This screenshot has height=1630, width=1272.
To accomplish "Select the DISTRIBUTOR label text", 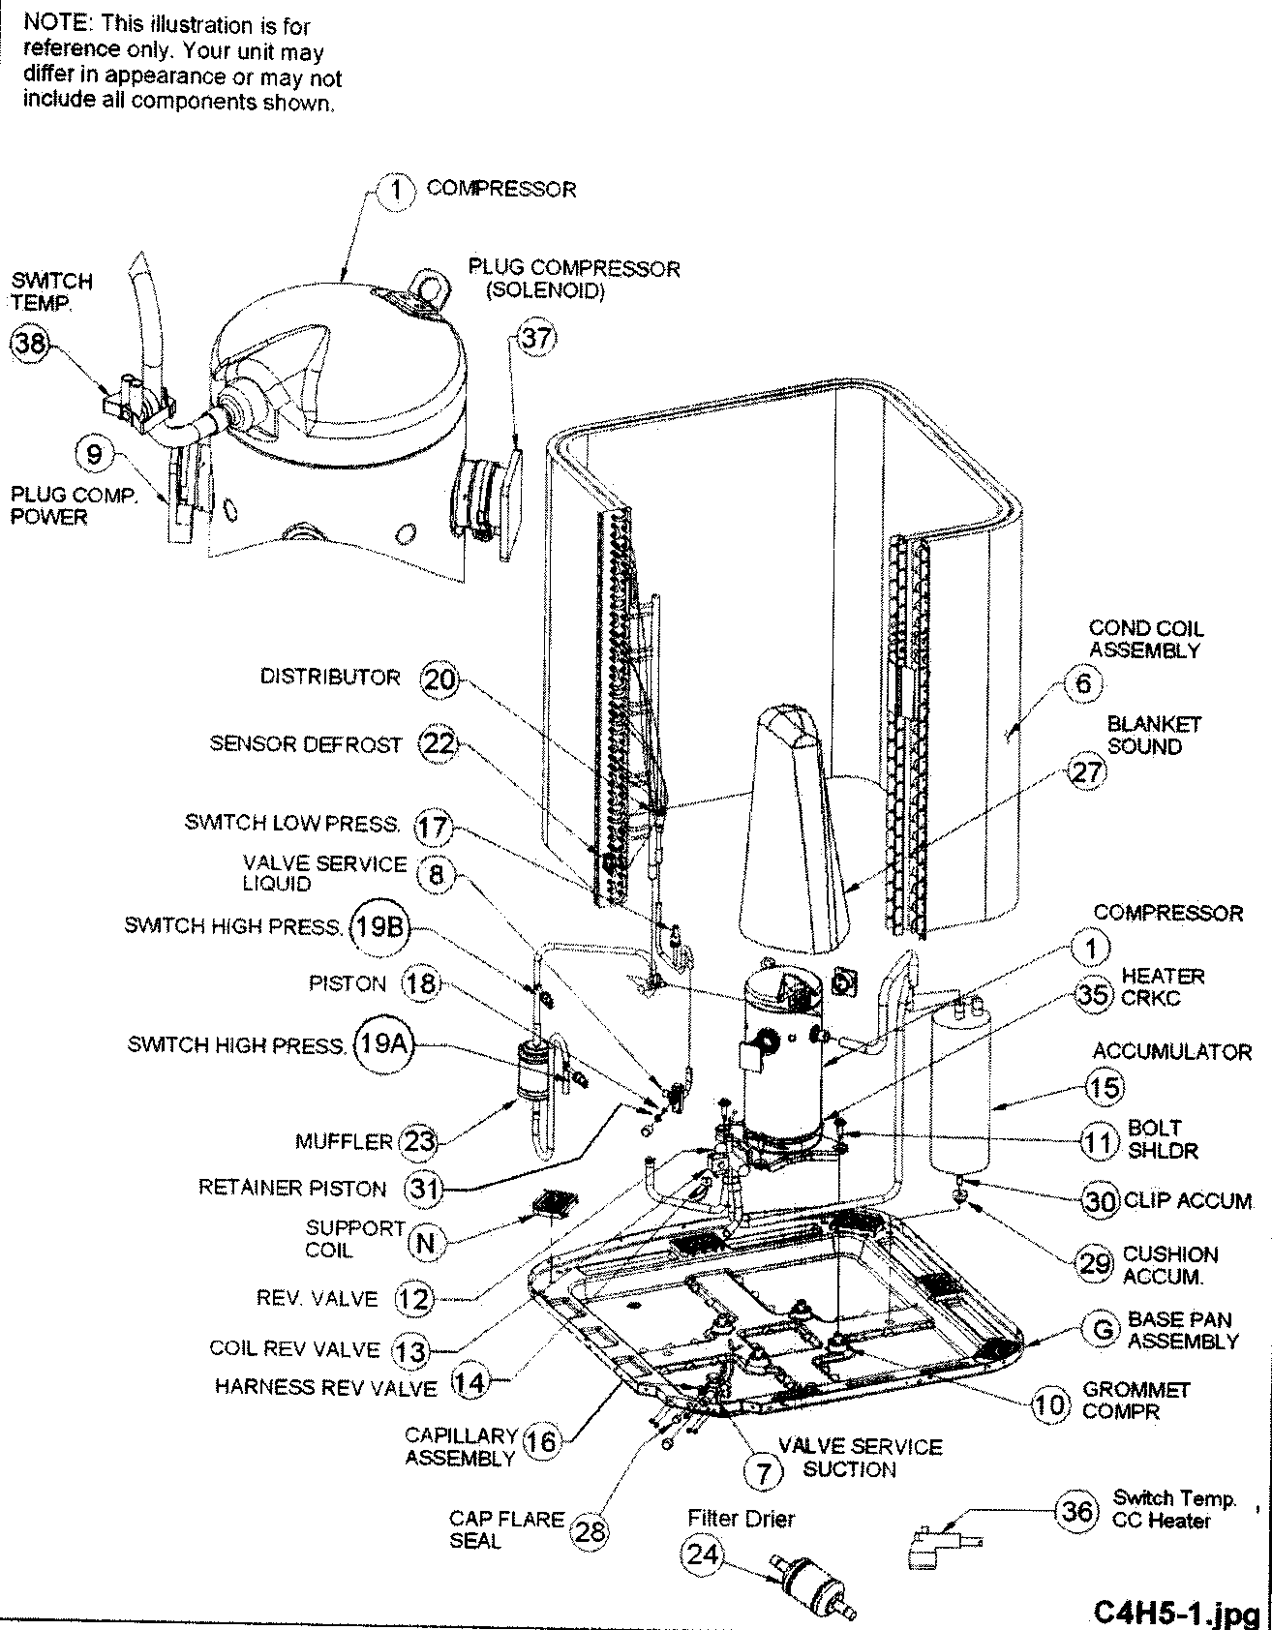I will (x=329, y=677).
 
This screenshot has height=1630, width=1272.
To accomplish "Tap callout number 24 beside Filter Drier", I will (x=703, y=1555).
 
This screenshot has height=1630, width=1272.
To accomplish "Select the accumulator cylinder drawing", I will (x=958, y=1089).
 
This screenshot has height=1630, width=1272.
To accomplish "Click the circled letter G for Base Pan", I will (x=1103, y=1330).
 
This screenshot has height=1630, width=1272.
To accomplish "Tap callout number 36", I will (x=1076, y=1510).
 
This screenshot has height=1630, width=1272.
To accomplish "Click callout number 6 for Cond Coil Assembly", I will (x=1083, y=684).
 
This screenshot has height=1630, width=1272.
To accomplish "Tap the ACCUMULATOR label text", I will (x=1171, y=1051).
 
